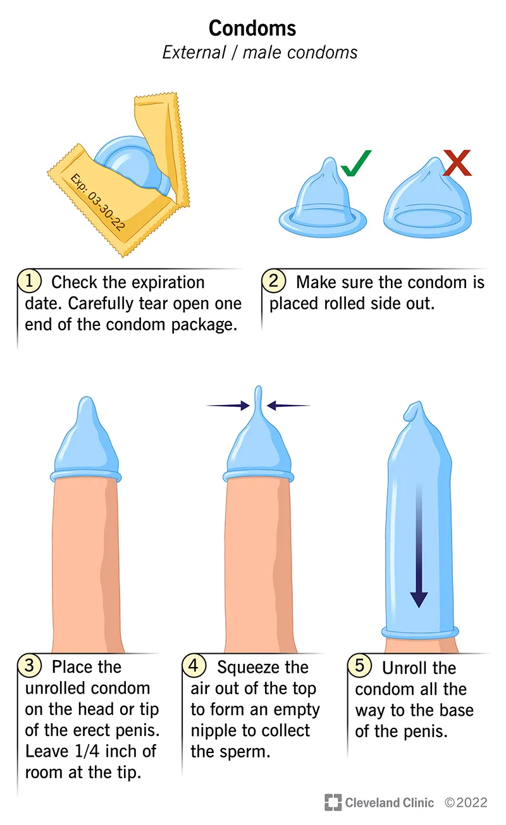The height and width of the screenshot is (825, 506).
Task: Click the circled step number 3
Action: point(30,666)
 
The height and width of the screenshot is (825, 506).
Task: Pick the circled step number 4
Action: point(194,666)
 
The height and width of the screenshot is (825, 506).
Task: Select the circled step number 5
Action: point(359,666)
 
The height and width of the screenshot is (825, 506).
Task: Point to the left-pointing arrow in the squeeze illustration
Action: point(289,405)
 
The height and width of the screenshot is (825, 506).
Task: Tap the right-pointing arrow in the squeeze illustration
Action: point(228,406)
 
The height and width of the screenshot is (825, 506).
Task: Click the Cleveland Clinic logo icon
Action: point(333,803)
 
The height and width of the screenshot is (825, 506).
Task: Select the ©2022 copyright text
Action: point(466,803)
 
